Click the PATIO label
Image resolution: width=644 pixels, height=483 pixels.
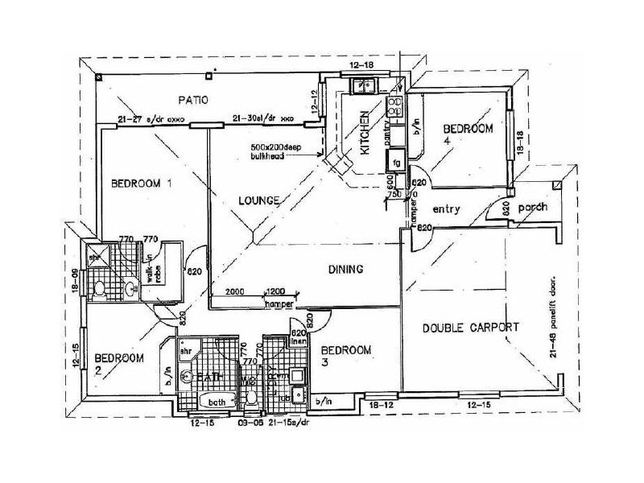tap(192, 101)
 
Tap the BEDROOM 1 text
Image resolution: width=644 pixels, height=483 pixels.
tap(142, 183)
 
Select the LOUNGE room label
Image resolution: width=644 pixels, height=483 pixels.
tap(258, 200)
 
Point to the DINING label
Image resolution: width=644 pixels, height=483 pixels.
tap(346, 270)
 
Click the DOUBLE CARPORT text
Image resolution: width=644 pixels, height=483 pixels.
tap(471, 328)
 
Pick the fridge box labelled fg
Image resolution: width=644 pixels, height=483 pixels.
tap(397, 163)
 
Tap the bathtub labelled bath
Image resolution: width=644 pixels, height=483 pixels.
tap(215, 402)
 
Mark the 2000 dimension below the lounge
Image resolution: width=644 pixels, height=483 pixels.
tap(235, 291)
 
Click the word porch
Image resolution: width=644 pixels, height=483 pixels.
tap(532, 207)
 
